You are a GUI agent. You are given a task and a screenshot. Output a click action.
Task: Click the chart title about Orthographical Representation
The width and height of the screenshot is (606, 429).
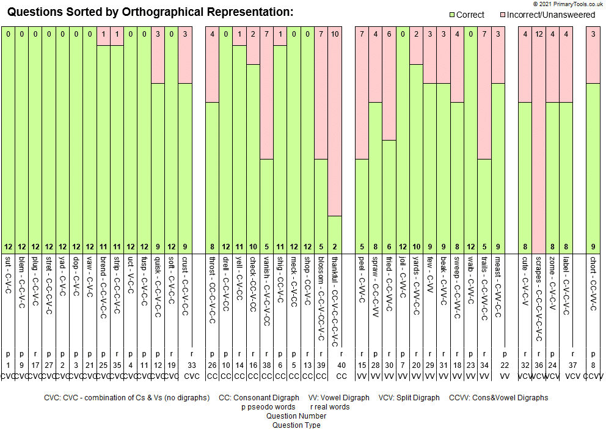[x=150, y=12]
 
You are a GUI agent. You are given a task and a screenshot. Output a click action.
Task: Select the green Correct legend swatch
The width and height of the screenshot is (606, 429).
[x=453, y=15]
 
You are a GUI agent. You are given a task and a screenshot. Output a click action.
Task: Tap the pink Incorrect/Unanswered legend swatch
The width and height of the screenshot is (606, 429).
[x=503, y=15]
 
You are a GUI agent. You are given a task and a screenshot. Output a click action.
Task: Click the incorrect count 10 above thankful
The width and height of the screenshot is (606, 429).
[x=335, y=34]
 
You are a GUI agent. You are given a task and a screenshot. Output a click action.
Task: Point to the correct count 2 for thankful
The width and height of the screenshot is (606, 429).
[x=335, y=247]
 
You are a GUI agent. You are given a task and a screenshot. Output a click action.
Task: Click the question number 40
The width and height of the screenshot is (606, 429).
[x=341, y=365]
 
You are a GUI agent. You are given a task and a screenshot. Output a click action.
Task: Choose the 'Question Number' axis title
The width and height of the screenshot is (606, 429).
[x=296, y=416]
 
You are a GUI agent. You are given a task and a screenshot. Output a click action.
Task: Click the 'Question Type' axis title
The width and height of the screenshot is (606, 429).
[x=296, y=425]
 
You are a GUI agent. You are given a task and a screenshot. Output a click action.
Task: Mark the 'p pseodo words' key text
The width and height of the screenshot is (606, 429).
[x=268, y=407]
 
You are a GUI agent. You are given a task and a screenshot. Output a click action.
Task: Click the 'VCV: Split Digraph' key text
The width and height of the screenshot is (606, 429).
[x=409, y=398]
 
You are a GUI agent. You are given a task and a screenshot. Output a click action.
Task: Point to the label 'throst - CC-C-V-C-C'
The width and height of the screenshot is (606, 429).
[x=212, y=290]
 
